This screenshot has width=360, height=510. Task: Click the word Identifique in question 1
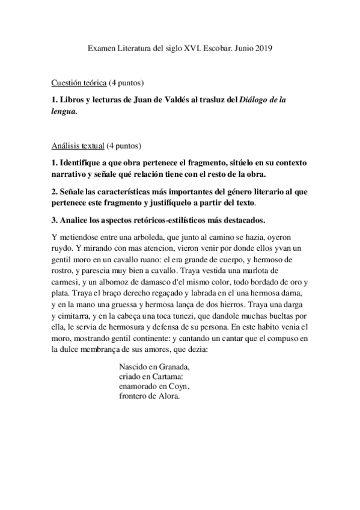point(85,164)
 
